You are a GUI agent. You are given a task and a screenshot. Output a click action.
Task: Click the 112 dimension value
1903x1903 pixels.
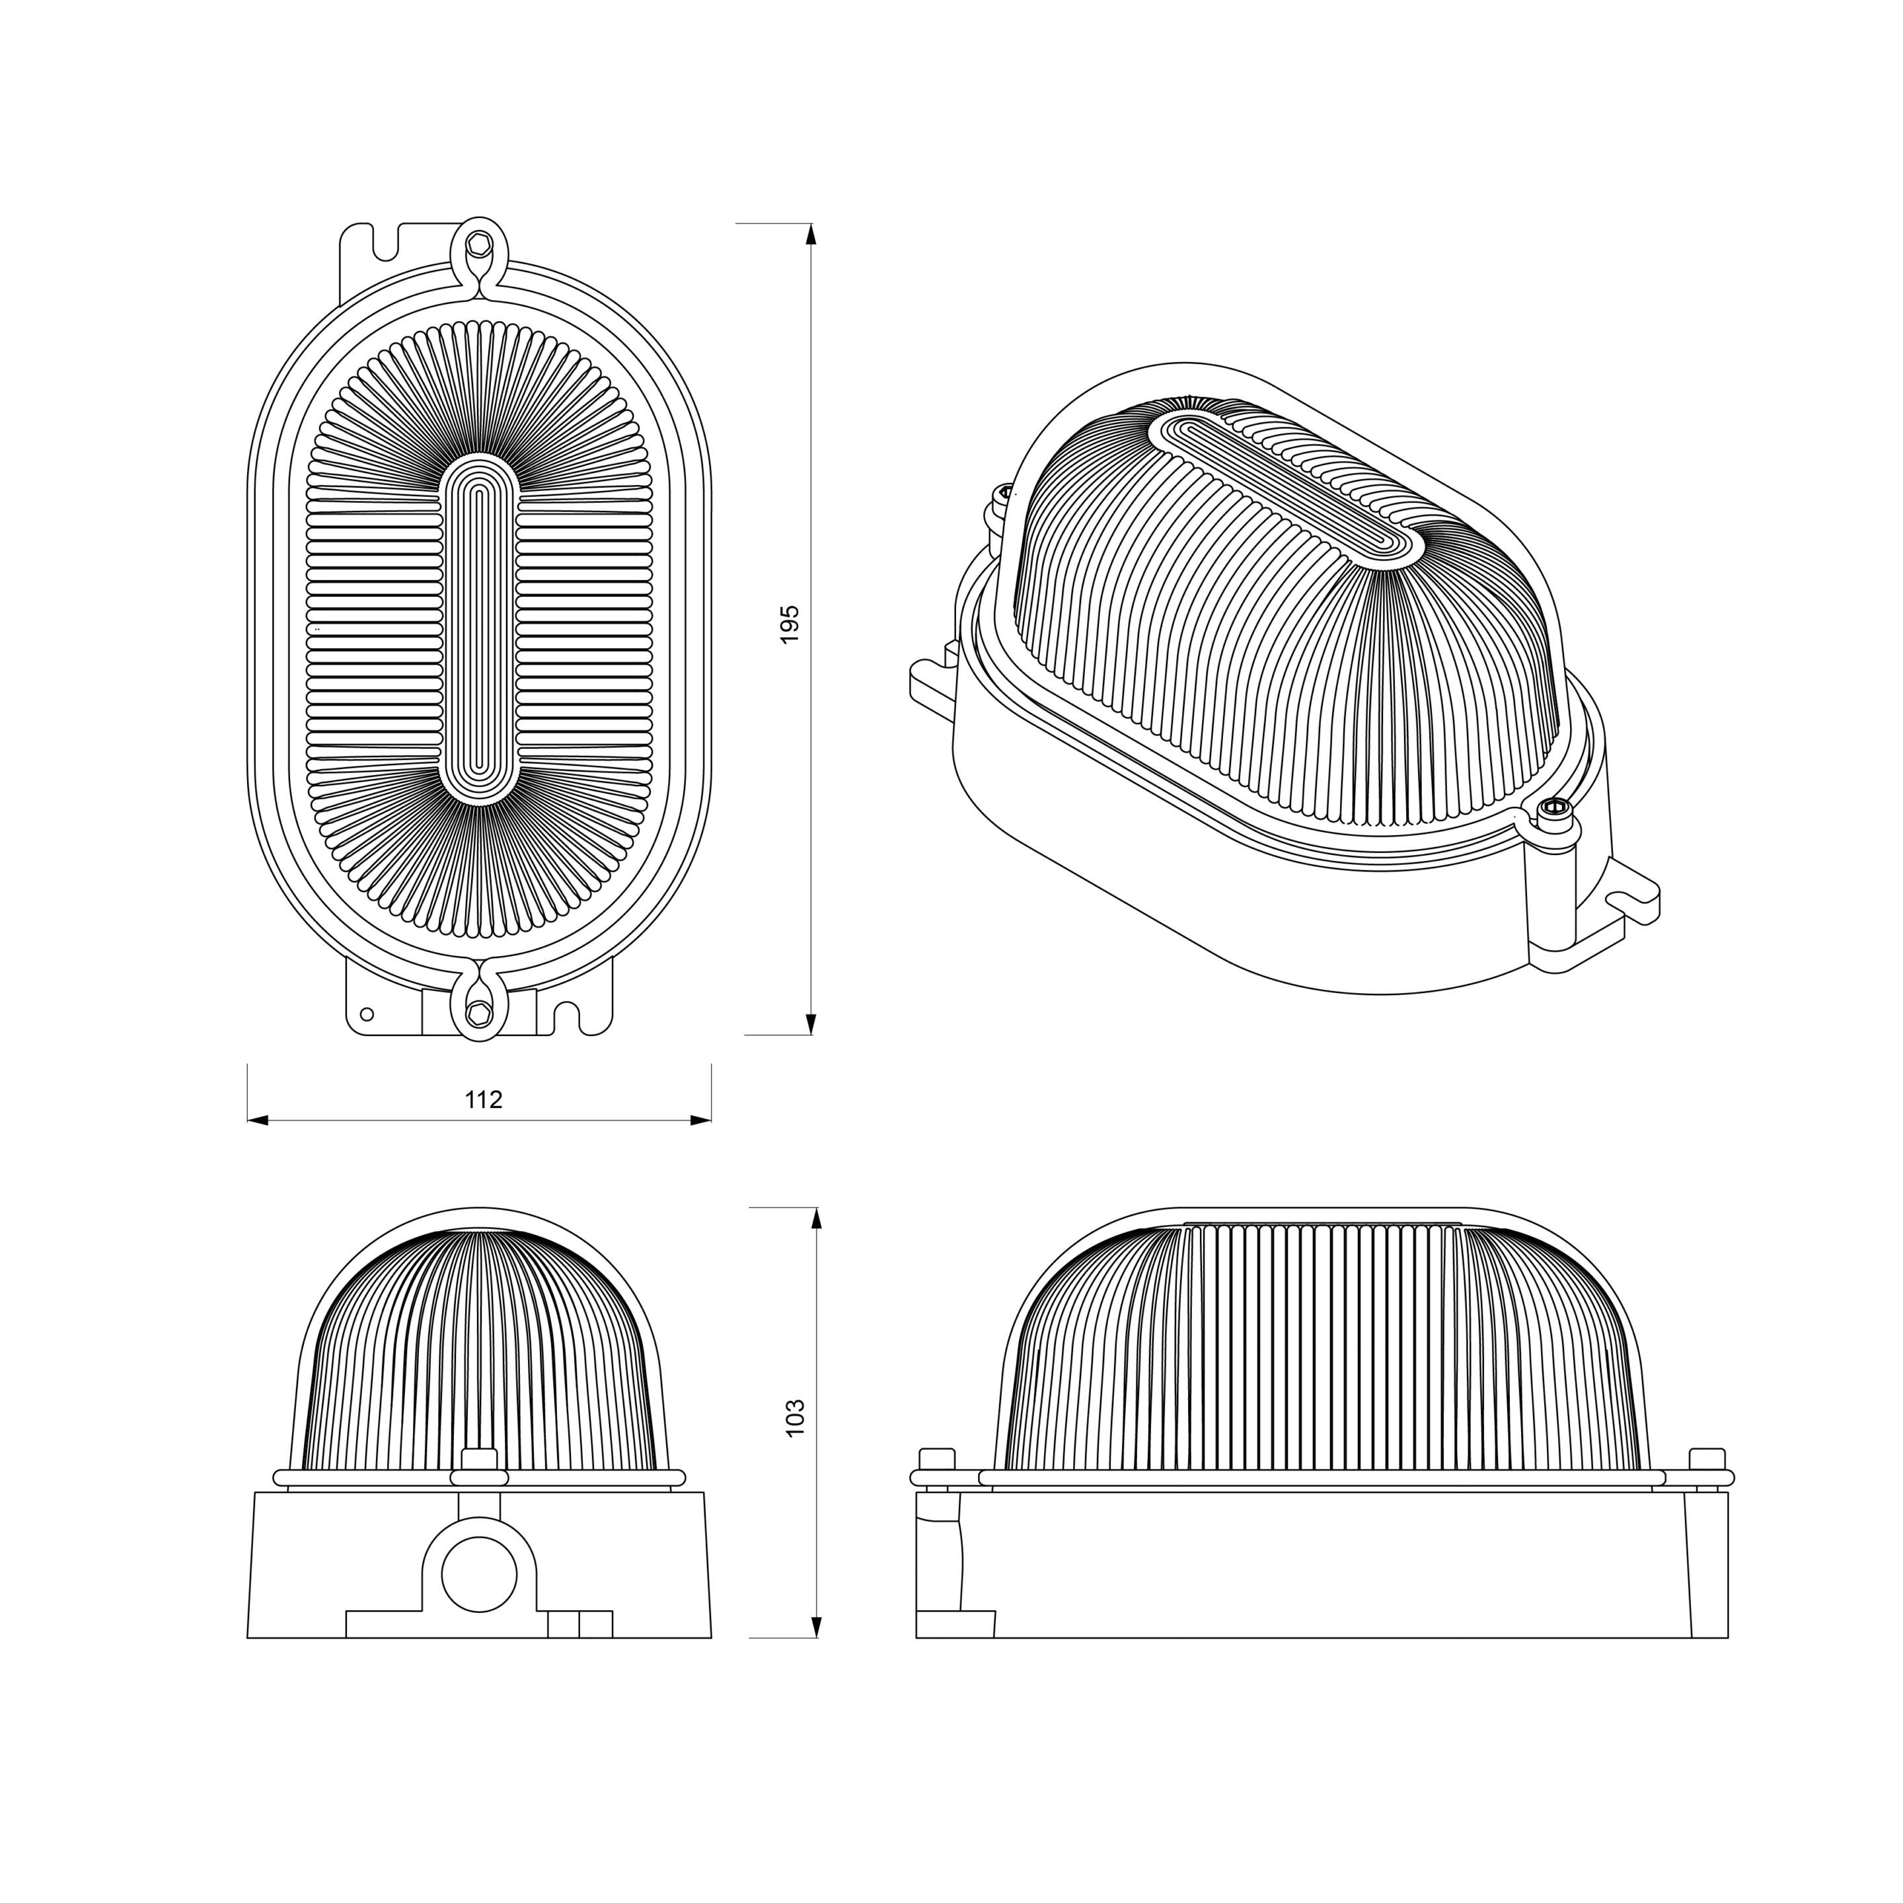[484, 1100]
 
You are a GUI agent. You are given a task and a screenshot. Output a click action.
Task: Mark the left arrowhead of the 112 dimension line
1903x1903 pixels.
[258, 1120]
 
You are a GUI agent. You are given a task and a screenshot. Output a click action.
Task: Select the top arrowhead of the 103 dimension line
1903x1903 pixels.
[815, 1218]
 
